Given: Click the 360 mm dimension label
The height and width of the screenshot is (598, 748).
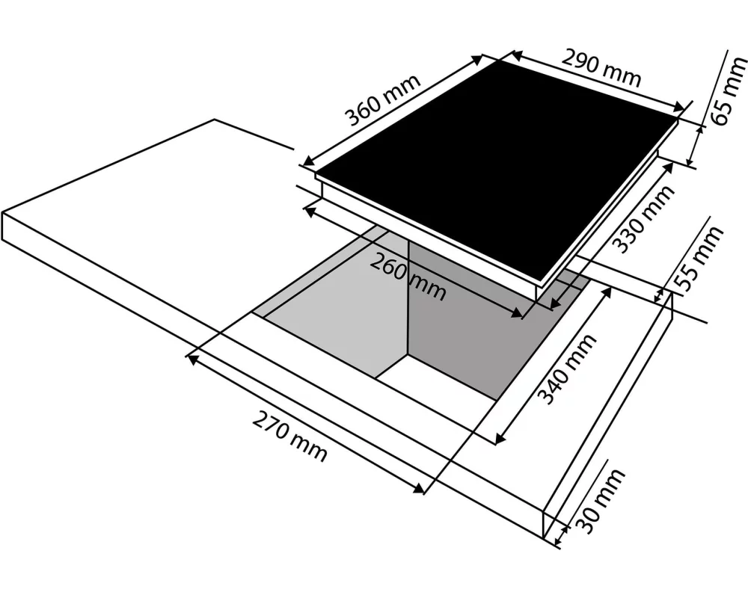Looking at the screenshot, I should (x=382, y=100).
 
